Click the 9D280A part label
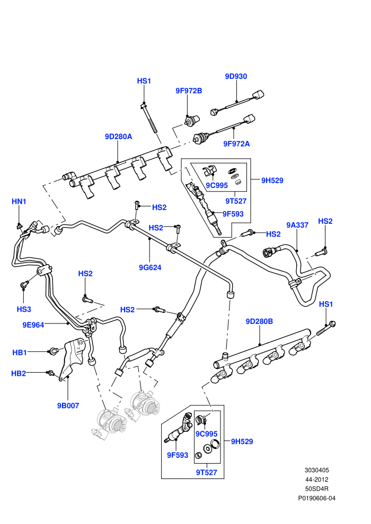click(118, 137)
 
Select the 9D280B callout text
click(259, 321)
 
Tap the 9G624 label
click(150, 267)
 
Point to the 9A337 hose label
click(297, 225)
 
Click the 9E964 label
click(33, 324)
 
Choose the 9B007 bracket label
click(68, 405)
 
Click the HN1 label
click(19, 202)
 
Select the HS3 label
click(24, 309)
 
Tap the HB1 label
click(20, 352)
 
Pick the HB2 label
click(19, 373)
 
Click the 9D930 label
click(236, 76)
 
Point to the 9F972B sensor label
click(189, 91)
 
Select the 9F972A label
click(236, 143)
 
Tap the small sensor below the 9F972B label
click(192, 120)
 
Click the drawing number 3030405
click(317, 470)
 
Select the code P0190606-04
click(317, 498)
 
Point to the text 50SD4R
click(317, 489)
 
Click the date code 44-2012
click(317, 479)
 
